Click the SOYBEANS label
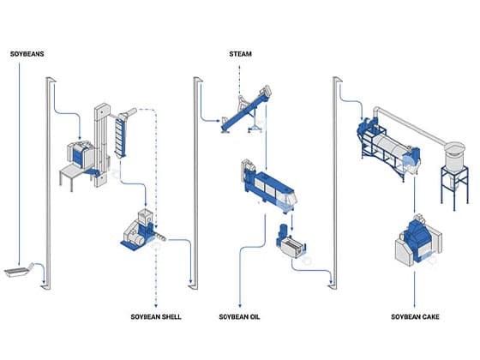point(27,54)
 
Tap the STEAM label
point(240,54)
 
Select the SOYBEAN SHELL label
point(156,317)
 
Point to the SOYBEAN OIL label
point(239,317)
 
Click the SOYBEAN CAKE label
point(415,317)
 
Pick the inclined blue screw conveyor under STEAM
point(245,111)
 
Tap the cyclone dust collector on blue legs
point(454,171)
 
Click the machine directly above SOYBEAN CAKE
point(418,240)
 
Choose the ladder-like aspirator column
point(121,136)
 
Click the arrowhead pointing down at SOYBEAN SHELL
point(156,305)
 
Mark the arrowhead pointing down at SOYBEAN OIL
point(240,305)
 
